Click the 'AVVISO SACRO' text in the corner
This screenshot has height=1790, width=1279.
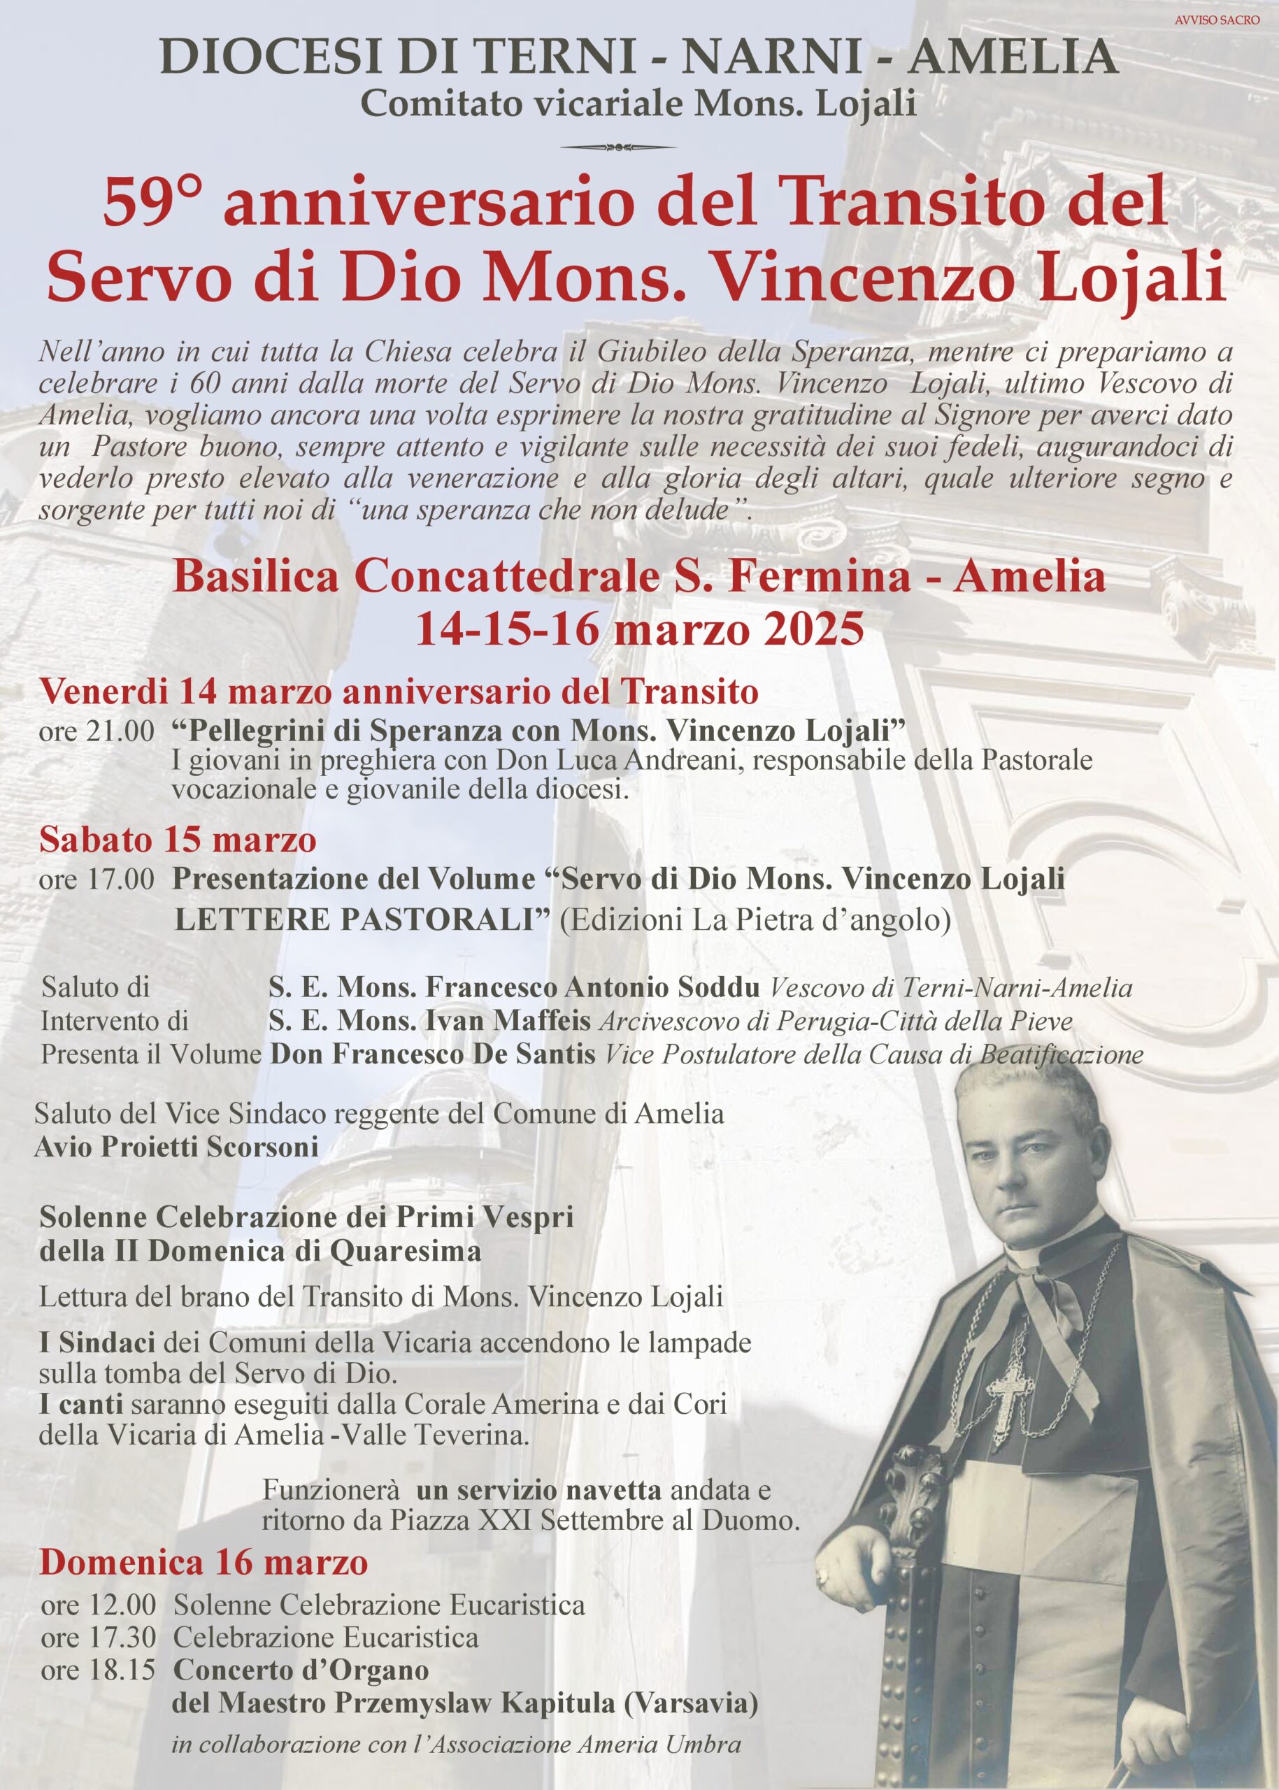pyautogui.click(x=1217, y=20)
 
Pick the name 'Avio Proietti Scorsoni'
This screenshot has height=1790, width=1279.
pyautogui.click(x=176, y=1147)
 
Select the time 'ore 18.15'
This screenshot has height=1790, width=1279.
pyautogui.click(x=98, y=1670)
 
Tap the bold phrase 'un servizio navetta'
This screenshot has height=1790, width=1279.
pyautogui.click(x=538, y=1490)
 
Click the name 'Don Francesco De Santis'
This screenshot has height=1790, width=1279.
pyautogui.click(x=432, y=1054)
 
